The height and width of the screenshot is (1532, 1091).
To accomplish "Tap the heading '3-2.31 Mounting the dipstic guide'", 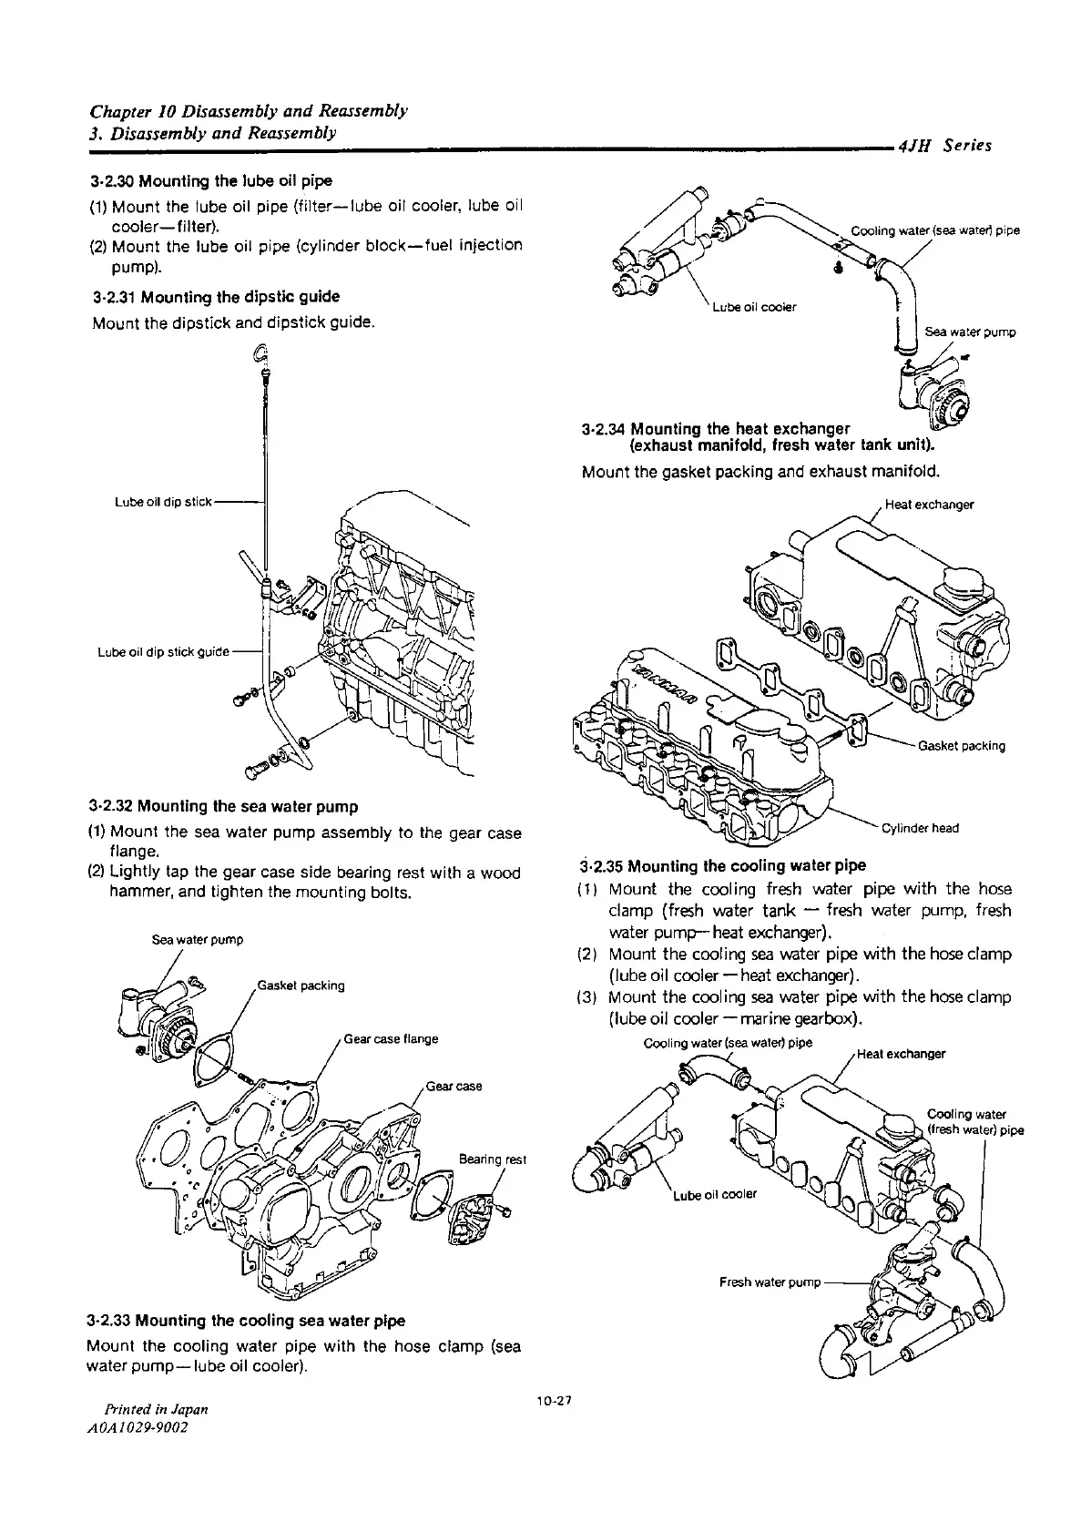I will point(216,296).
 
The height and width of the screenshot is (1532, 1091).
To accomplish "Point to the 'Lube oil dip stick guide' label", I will point(163,652).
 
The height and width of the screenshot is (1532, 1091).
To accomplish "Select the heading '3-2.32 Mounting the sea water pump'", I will point(223,806).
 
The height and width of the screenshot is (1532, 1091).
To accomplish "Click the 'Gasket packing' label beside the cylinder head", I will point(962,746).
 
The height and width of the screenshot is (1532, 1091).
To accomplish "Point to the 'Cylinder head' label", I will point(920,828).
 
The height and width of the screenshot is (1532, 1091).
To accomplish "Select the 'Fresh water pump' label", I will point(770,1282).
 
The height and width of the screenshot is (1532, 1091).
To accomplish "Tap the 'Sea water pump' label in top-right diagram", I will point(970,332).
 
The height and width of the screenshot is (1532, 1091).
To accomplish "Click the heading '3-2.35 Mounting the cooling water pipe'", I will point(723,865).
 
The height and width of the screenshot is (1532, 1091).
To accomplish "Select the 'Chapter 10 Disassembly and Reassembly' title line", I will point(248,111).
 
